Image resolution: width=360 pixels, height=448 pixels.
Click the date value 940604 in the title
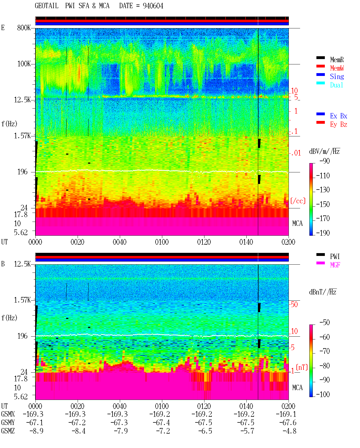[x=153, y=6]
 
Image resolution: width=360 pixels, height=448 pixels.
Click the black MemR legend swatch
[x=320, y=58]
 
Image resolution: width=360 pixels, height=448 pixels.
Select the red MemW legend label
[x=337, y=68]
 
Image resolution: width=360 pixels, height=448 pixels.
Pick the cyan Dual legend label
[x=336, y=85]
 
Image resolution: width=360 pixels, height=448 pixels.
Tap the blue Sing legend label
[x=337, y=76]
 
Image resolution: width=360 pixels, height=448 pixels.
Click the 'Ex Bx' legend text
[x=339, y=116]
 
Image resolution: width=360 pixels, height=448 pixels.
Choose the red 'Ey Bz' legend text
[x=339, y=124]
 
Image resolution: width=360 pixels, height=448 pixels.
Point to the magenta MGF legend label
[x=335, y=265]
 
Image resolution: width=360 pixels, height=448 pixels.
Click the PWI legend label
[x=335, y=256]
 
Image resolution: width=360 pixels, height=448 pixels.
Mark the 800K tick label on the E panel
[x=24, y=28]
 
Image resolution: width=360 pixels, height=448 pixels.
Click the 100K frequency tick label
[x=24, y=64]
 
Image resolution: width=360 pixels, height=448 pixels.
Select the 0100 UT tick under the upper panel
[x=162, y=242]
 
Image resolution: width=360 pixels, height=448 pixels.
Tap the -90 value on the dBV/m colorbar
[x=324, y=161]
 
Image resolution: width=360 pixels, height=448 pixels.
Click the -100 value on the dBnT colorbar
[x=323, y=394]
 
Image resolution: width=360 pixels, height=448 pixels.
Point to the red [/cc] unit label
[x=298, y=201]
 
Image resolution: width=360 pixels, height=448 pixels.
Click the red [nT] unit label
[x=302, y=368]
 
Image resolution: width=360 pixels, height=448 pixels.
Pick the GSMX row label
[x=8, y=414]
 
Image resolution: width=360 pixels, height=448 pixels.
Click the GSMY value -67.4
[x=161, y=423]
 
